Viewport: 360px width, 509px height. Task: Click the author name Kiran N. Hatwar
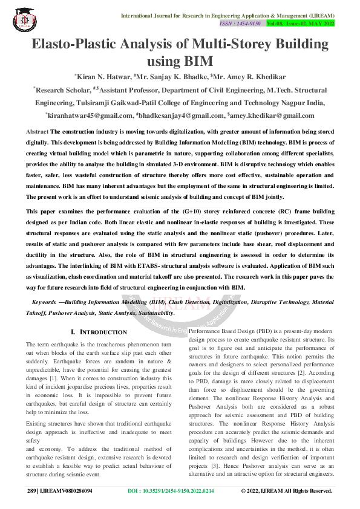[x=102, y=77]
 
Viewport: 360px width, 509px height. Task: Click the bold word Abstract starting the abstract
[x=38, y=131]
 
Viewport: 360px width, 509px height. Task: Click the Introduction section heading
[x=99, y=332]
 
